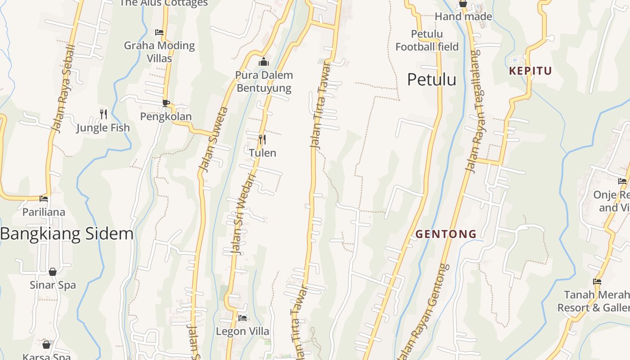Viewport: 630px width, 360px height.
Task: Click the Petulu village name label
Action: (432, 80)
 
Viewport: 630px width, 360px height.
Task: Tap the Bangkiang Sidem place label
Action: (67, 234)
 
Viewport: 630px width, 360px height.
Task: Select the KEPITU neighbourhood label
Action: (530, 71)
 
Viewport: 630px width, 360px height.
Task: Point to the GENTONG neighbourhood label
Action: (445, 234)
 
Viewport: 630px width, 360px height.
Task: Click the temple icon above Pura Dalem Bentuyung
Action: (264, 62)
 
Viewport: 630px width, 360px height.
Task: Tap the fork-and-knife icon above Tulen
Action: (262, 139)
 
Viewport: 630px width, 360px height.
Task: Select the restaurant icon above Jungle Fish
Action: (103, 114)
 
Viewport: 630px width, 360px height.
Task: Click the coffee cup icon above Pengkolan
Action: (166, 103)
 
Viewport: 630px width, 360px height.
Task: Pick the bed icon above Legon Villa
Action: (243, 318)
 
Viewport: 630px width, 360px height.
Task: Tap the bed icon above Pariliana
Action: (44, 198)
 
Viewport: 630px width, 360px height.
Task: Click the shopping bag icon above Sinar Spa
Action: (53, 272)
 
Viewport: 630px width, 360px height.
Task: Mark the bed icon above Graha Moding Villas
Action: (159, 32)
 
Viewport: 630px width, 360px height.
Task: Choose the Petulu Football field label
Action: (427, 40)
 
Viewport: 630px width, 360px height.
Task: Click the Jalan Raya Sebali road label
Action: (63, 89)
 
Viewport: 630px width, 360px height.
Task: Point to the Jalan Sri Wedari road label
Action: (242, 214)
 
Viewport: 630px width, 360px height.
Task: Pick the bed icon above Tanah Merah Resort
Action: (597, 282)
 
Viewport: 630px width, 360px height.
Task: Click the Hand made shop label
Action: (463, 17)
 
